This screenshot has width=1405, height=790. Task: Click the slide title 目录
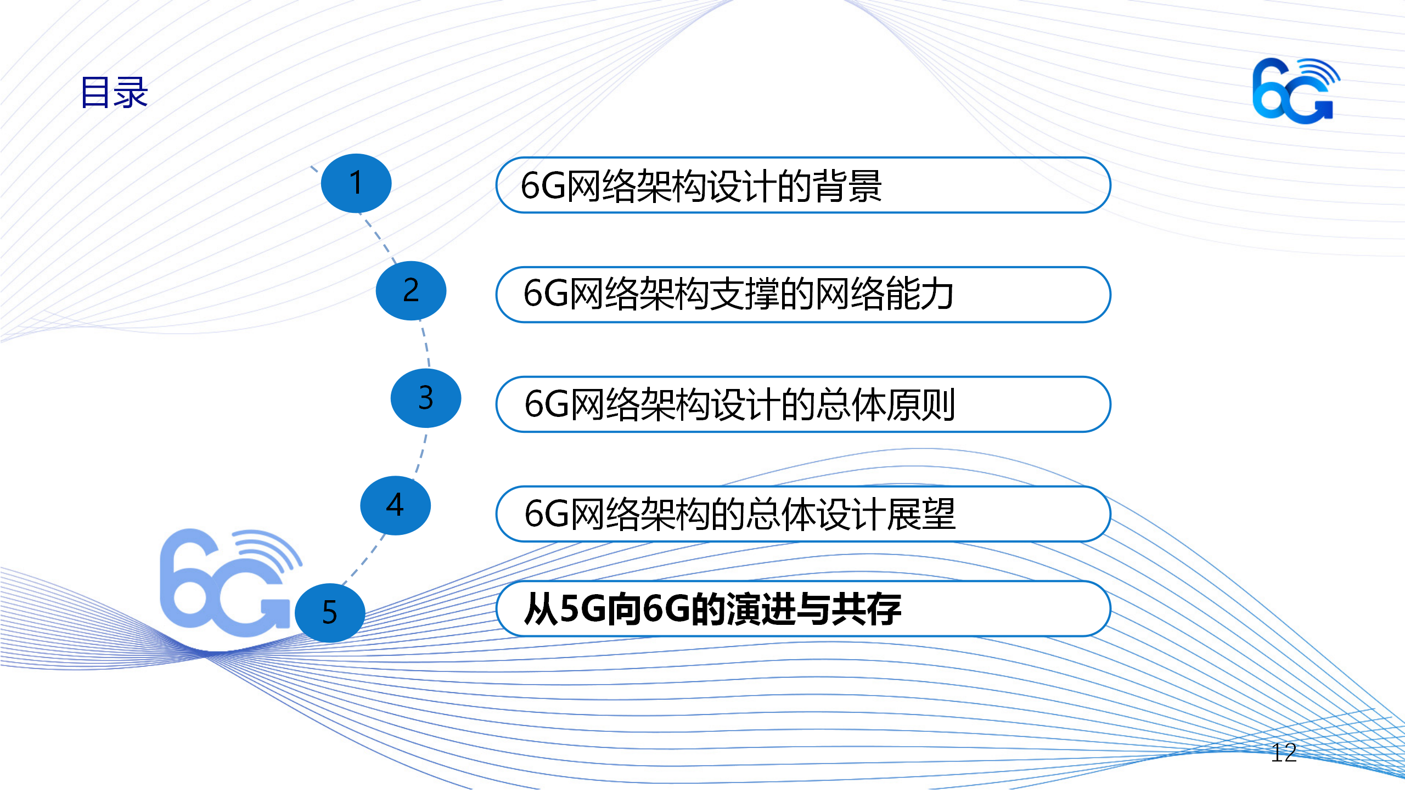pyautogui.click(x=114, y=92)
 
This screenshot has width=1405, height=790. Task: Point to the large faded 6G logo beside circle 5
pyautogui.click(x=231, y=583)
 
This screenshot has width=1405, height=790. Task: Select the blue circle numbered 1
pyautogui.click(x=356, y=183)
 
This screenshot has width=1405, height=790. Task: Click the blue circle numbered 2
pyautogui.click(x=411, y=291)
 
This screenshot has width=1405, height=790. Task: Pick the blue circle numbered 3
pyautogui.click(x=426, y=398)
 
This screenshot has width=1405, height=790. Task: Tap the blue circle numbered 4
pyautogui.click(x=396, y=506)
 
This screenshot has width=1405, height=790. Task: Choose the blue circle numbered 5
pyautogui.click(x=330, y=613)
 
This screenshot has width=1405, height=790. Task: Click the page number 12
pyautogui.click(x=1284, y=753)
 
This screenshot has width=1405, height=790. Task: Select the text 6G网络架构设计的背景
pyautogui.click(x=701, y=185)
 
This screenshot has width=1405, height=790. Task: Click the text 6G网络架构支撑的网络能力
pyautogui.click(x=738, y=294)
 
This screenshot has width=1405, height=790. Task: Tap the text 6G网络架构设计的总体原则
pyautogui.click(x=740, y=404)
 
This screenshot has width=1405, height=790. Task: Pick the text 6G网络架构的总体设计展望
pyautogui.click(x=740, y=514)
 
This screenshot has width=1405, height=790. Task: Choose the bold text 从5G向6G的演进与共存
pyautogui.click(x=712, y=609)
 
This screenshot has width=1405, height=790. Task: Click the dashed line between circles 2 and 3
pyautogui.click(x=426, y=345)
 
